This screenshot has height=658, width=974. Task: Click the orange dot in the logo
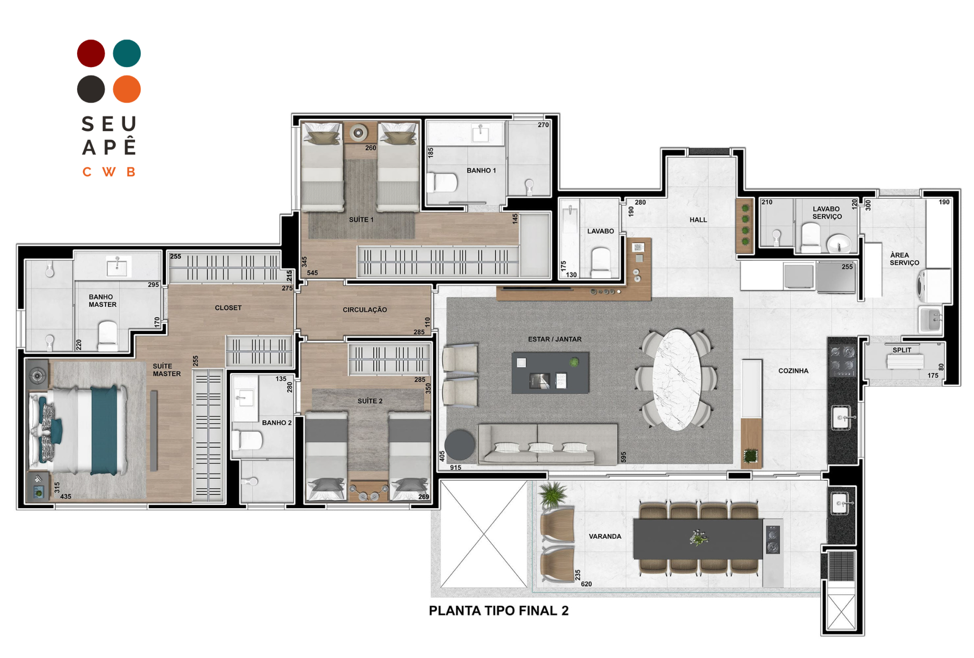click(127, 89)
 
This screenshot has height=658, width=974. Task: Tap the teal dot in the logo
click(127, 53)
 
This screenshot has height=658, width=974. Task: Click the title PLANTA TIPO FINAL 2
click(498, 610)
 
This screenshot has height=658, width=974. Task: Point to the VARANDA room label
click(605, 536)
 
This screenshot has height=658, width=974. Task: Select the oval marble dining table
click(677, 380)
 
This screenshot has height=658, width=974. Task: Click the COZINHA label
click(793, 371)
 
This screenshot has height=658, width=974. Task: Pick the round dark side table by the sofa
click(460, 445)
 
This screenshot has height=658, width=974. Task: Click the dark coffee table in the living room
click(550, 373)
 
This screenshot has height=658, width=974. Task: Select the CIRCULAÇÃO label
click(365, 310)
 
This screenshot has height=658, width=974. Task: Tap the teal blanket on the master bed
click(104, 431)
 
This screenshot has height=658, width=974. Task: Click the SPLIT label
click(902, 350)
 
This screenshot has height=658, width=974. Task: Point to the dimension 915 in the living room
click(456, 467)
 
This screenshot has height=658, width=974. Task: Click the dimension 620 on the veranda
click(586, 584)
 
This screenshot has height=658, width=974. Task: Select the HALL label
click(698, 220)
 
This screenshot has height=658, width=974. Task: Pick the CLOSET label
click(228, 308)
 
